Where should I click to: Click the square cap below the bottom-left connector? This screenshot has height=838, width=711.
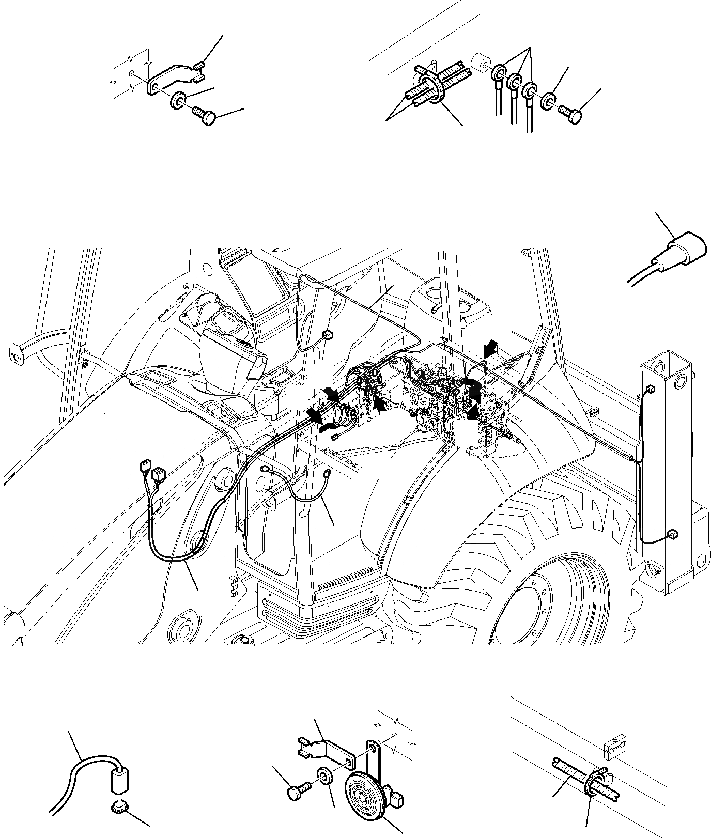[120, 805]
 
